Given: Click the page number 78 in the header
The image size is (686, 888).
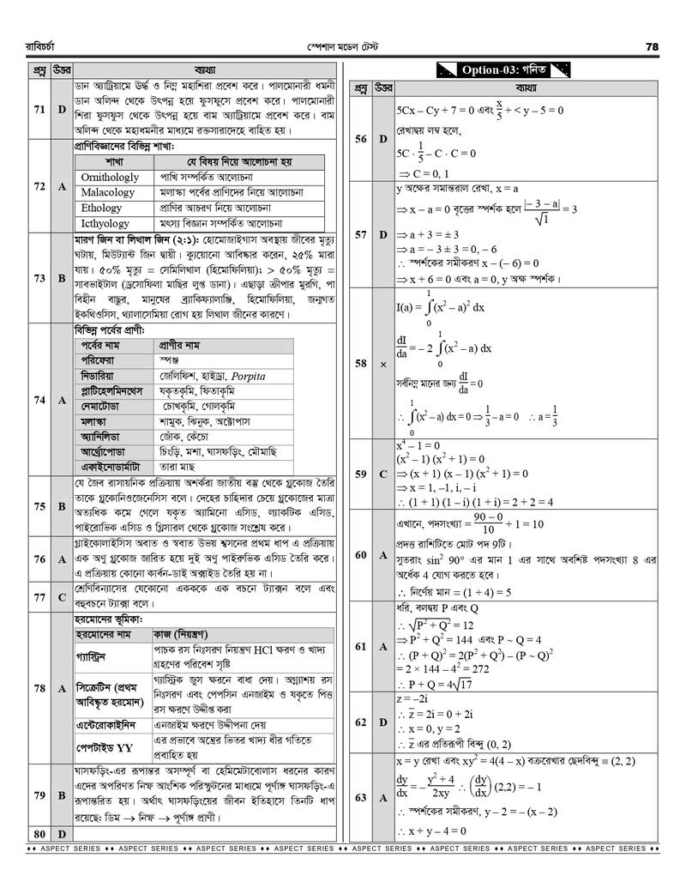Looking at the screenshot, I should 651,46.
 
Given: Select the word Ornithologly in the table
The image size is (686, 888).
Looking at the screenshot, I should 109,177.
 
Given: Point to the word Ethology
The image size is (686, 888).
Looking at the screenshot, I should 101,208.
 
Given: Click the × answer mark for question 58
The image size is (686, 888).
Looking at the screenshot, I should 383,364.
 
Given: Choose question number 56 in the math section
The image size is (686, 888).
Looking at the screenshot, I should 361,139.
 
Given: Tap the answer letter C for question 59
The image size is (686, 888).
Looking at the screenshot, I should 383,474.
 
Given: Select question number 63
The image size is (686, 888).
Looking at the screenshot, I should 361,798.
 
